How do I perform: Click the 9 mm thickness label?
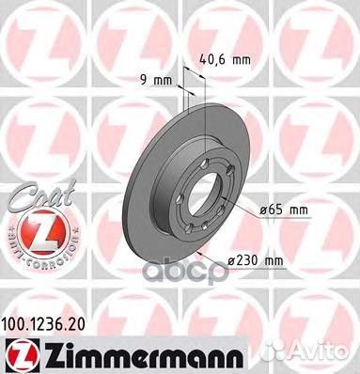(x=159, y=80)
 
